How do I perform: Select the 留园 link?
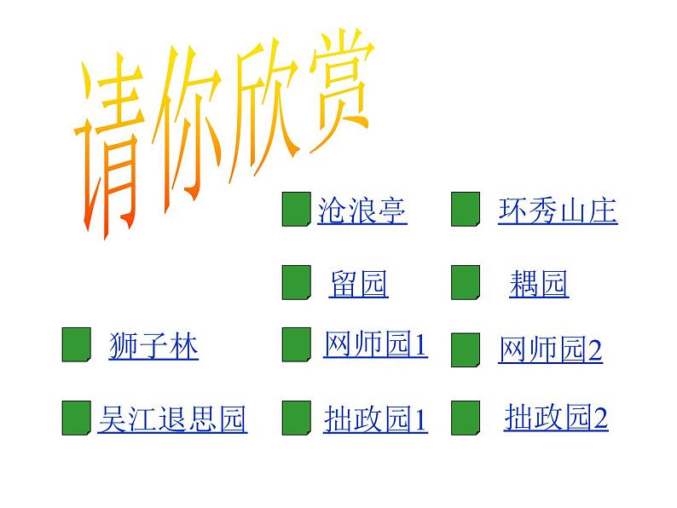(x=358, y=284)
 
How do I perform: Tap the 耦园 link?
(x=539, y=284)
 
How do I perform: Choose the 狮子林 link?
(x=153, y=346)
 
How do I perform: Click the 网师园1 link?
(x=375, y=345)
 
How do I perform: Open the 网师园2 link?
(x=550, y=349)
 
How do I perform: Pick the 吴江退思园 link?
(x=172, y=419)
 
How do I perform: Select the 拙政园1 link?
(x=375, y=419)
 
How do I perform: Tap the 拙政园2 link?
(x=556, y=417)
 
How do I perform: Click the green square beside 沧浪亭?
(x=295, y=210)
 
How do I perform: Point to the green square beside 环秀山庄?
(x=465, y=210)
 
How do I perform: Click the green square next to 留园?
(x=295, y=283)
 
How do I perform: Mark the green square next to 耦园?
(x=465, y=283)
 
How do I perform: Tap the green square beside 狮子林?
(x=76, y=344)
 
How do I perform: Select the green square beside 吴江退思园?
(x=76, y=419)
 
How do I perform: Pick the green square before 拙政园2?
(x=465, y=418)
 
